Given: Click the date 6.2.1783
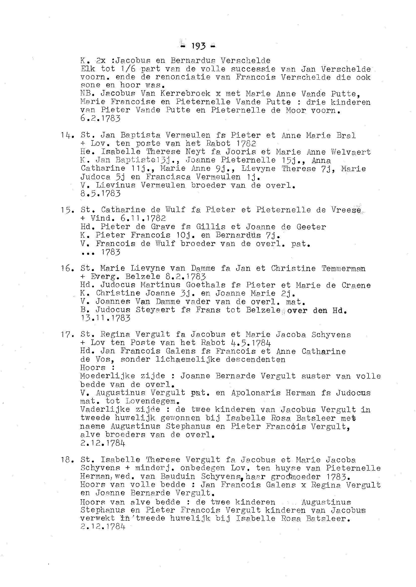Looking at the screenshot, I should (x=100, y=118).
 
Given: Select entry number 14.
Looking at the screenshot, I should (x=67, y=135).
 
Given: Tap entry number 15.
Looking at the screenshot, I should (x=67, y=210).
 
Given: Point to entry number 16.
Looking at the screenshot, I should (x=67, y=269).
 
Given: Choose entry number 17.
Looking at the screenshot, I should (x=67, y=334).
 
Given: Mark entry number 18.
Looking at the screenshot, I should (x=67, y=460).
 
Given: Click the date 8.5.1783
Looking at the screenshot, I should (x=100, y=193).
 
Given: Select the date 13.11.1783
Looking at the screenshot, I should (x=105, y=318).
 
